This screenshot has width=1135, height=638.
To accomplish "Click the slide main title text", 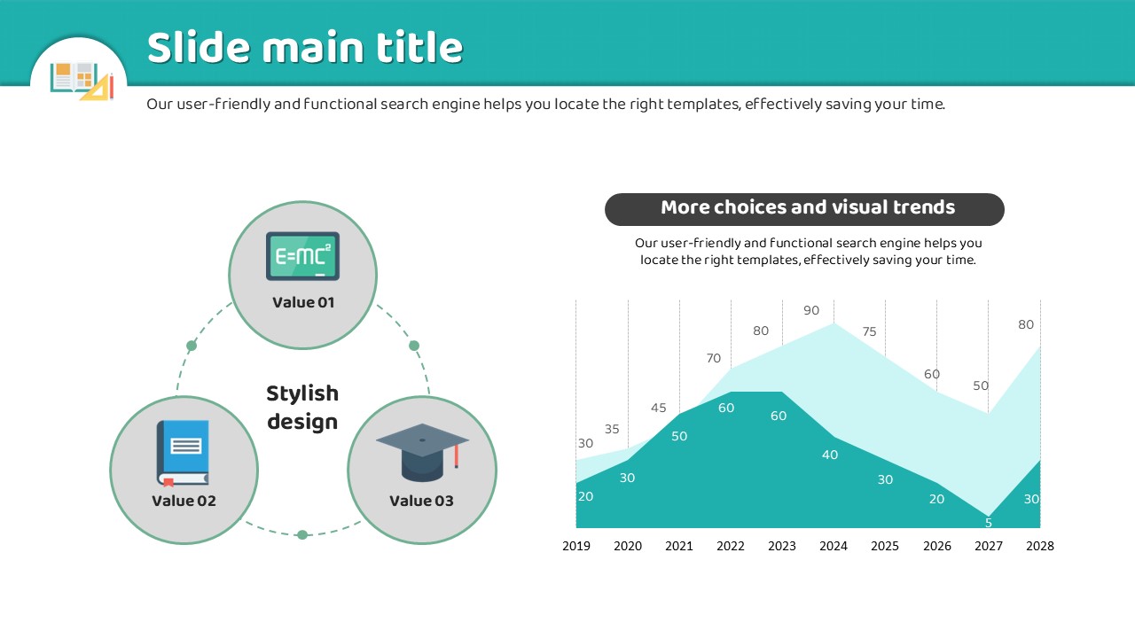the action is click(x=305, y=47).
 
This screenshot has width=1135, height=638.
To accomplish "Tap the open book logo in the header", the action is click(x=82, y=81).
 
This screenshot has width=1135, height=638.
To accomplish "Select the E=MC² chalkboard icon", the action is click(x=302, y=256).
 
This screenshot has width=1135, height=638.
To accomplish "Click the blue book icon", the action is click(x=183, y=453).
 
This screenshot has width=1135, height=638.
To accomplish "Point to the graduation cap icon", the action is click(x=422, y=452).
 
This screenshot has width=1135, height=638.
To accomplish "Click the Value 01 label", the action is click(x=303, y=302).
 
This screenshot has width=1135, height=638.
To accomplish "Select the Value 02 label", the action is click(x=184, y=501).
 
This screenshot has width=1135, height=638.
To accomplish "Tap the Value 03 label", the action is click(x=421, y=501).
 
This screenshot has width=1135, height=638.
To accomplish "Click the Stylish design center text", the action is click(x=302, y=408).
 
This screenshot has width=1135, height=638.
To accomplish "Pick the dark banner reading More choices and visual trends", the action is click(x=804, y=209).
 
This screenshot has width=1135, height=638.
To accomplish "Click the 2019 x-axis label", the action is click(x=576, y=546).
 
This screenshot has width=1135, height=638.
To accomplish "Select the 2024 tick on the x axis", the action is click(x=834, y=546).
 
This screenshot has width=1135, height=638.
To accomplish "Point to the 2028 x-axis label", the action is click(x=1040, y=546).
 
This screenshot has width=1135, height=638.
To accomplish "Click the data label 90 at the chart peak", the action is click(x=811, y=310).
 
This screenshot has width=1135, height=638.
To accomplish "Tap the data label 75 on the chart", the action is click(x=870, y=331).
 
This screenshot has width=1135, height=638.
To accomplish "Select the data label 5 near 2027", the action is click(x=988, y=523).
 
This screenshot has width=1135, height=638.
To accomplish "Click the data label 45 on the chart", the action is click(x=658, y=408).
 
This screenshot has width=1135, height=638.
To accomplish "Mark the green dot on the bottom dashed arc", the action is click(x=302, y=534).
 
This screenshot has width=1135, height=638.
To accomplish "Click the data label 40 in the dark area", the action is click(x=829, y=455).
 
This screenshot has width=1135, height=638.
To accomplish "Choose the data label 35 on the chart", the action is click(x=612, y=429).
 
